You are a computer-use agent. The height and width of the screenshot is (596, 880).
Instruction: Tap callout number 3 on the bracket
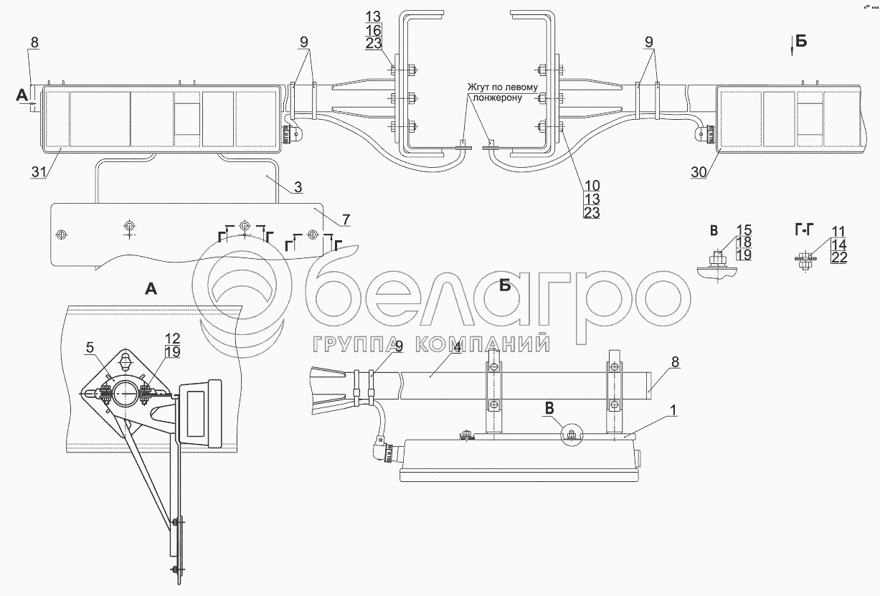298,188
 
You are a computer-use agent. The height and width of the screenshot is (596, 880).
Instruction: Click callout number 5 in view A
90,347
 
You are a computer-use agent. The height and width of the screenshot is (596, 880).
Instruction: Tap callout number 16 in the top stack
373,29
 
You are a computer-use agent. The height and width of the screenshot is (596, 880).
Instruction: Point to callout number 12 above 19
171,338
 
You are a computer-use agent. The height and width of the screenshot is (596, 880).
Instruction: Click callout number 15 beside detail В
744,230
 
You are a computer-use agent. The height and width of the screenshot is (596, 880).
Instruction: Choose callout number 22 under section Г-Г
839,257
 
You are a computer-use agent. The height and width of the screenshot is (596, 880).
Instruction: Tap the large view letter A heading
151,288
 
